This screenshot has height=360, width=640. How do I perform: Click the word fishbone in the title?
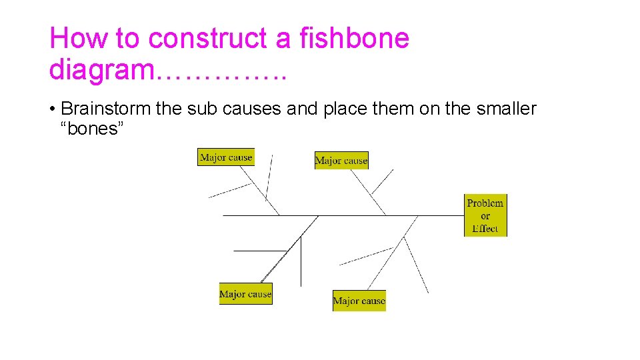click(x=355, y=38)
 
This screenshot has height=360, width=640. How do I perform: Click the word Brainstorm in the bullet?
click(x=105, y=109)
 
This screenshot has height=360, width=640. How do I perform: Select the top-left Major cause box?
click(x=226, y=157)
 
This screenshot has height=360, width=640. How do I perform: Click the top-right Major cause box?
click(x=341, y=160)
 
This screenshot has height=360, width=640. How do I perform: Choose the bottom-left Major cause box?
click(x=245, y=294)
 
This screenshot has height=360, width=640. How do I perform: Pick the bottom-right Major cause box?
click(x=359, y=301)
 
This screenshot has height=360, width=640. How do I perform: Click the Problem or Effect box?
click(x=485, y=215)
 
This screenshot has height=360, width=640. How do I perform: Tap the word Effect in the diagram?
click(x=485, y=229)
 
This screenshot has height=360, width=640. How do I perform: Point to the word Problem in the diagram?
click(x=485, y=203)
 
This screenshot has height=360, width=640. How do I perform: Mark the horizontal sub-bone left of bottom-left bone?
click(x=260, y=251)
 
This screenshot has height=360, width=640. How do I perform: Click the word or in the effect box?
click(x=485, y=216)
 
